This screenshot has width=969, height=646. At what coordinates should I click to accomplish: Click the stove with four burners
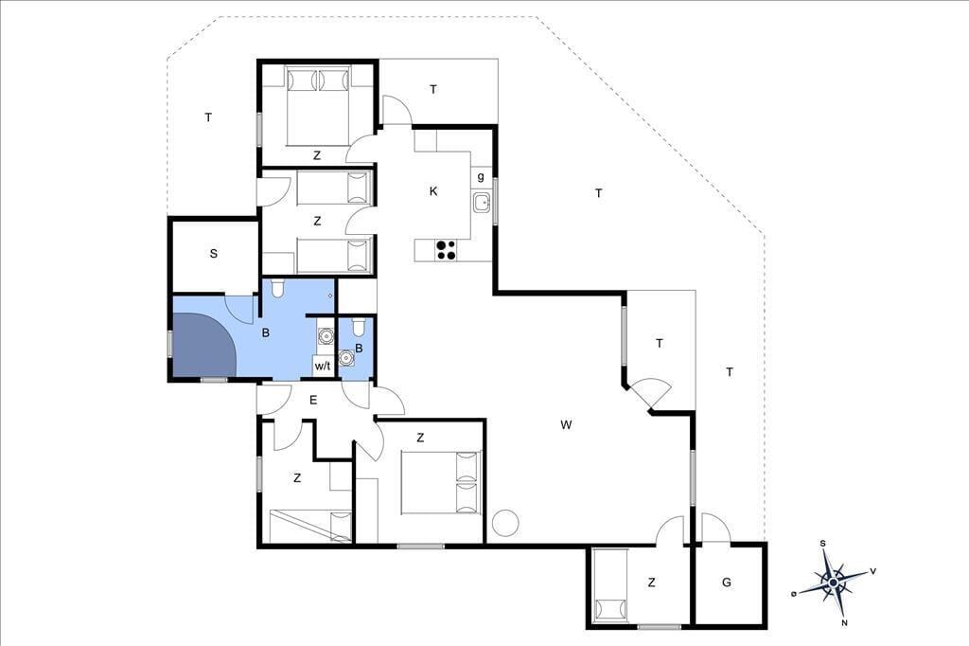[x=447, y=249]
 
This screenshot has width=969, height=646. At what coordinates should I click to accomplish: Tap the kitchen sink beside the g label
[x=482, y=203]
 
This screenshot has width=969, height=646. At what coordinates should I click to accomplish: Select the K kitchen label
[x=433, y=191]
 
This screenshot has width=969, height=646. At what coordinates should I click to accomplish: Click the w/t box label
[x=323, y=366]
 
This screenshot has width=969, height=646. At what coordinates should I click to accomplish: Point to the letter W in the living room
[x=566, y=424]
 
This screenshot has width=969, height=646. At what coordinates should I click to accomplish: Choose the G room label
[x=727, y=583]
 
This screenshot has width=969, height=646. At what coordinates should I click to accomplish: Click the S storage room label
[x=214, y=253]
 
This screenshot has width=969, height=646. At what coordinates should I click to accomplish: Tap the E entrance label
[x=313, y=401]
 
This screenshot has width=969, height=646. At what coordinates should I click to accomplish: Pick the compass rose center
[x=834, y=583]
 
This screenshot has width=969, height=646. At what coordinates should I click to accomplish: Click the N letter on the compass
[x=844, y=623]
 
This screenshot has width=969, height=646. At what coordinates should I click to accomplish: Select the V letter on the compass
[x=872, y=571]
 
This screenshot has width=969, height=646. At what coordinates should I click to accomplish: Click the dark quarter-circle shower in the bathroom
[x=203, y=345]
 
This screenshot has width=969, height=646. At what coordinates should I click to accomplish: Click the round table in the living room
[x=506, y=522]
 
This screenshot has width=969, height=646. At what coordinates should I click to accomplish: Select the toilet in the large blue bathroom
[x=277, y=287]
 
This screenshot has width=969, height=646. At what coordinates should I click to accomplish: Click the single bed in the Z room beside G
[x=610, y=585]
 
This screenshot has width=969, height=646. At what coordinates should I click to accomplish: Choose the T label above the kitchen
[x=433, y=89]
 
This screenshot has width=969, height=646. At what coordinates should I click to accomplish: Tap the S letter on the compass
[x=823, y=544]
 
